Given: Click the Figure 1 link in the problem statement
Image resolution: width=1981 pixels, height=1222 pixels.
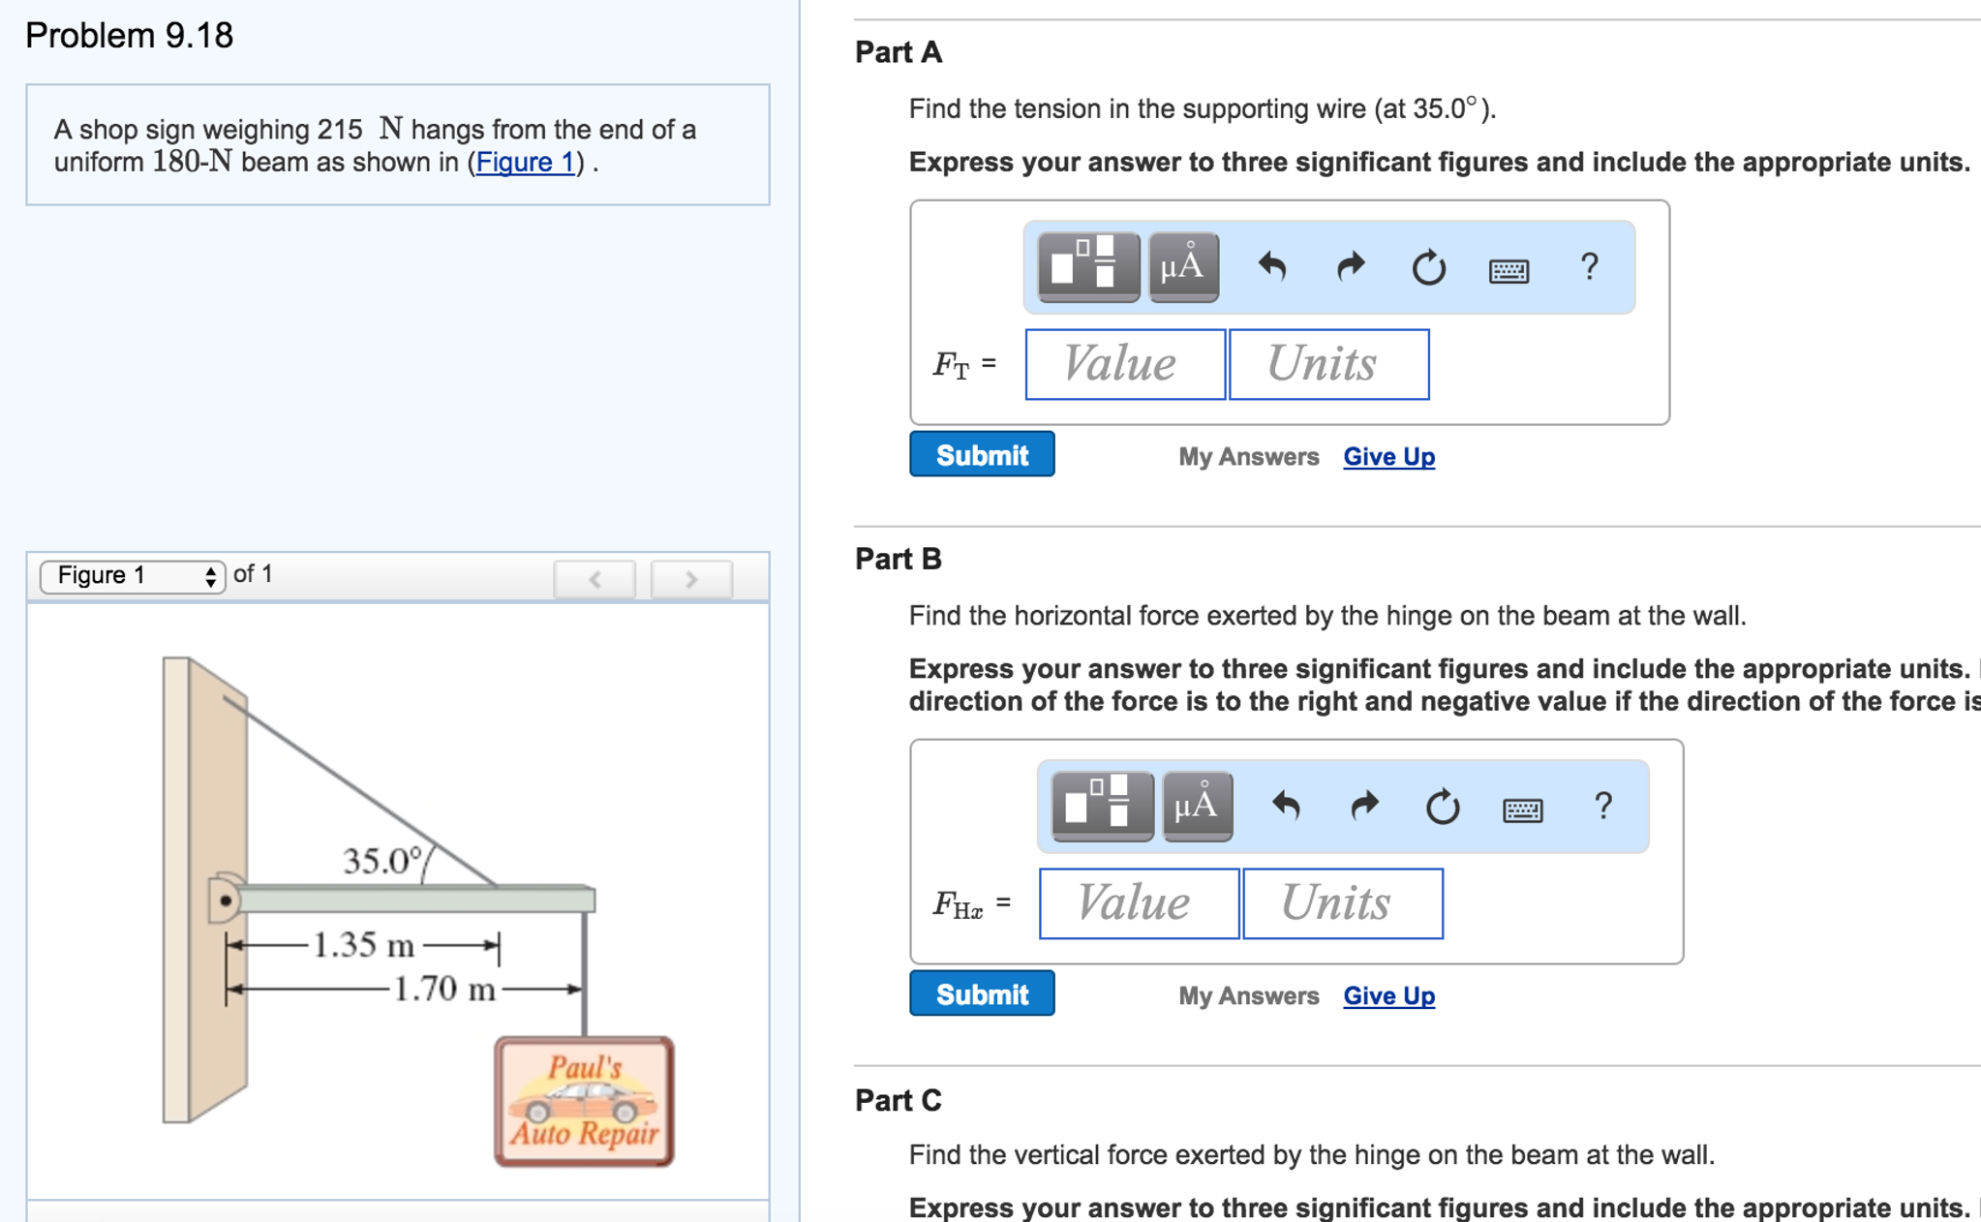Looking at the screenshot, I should tap(525, 162).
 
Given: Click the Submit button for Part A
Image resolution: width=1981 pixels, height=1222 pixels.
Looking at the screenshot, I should tap(981, 454).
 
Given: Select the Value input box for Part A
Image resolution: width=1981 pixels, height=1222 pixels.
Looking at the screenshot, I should tap(1125, 364).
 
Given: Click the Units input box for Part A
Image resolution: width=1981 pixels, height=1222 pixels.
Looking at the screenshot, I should tap(1328, 364).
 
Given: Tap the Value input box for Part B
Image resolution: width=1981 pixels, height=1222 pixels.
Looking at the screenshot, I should tap(1139, 903).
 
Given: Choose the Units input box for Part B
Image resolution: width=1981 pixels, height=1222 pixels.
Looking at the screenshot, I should tap(1342, 903).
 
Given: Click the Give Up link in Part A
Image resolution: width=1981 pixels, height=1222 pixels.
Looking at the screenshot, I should tap(1388, 456).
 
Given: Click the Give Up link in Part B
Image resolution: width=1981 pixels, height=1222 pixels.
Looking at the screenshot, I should tap(1388, 995).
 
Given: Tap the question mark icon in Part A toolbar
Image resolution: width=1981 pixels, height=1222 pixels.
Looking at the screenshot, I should tap(1589, 266).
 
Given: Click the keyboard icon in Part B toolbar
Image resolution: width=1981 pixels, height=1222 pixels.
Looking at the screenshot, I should tap(1522, 809).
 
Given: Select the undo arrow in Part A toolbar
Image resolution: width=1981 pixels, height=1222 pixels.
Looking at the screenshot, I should tap(1272, 266).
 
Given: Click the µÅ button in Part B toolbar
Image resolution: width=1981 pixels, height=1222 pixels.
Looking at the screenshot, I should tap(1197, 806).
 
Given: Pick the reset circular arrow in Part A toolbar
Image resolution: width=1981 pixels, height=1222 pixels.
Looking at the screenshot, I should tap(1428, 267).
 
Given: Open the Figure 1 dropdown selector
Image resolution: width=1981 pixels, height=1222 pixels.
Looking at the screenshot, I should tap(133, 576).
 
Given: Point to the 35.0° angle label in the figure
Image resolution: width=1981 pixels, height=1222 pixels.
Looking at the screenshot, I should tap(383, 860).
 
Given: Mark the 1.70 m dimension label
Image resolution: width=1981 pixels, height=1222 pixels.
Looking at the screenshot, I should tap(444, 989).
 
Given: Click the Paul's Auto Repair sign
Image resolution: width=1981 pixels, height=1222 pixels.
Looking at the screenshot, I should tap(584, 1101).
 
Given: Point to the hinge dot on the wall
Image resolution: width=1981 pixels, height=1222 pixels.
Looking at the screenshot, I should tap(226, 901).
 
